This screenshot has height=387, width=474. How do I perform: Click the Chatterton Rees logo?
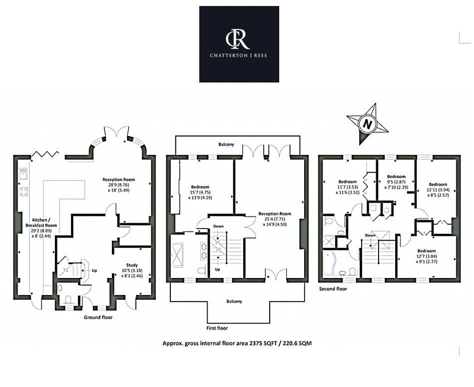[x=239, y=44]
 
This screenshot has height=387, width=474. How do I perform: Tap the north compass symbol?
[x=368, y=123]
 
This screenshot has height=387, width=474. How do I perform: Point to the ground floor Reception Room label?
[x=118, y=185]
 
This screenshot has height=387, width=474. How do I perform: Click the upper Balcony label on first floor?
[x=226, y=144]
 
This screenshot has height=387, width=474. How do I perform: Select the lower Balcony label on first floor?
[x=234, y=301]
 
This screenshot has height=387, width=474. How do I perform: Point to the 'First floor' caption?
[x=216, y=329]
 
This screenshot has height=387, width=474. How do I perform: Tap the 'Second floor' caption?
[x=333, y=289]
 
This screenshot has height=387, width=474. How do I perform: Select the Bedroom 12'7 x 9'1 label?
[x=426, y=256]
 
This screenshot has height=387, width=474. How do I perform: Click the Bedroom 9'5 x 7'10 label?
[x=396, y=181]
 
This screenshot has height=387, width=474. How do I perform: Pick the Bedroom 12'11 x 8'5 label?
[x=438, y=189]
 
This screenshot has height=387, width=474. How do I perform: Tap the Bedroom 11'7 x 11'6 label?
[x=348, y=186]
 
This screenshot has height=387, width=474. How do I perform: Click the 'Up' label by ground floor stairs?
[x=94, y=270]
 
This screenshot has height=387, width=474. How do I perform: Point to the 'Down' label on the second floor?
[x=370, y=235]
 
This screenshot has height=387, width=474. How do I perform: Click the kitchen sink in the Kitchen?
[x=23, y=174]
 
